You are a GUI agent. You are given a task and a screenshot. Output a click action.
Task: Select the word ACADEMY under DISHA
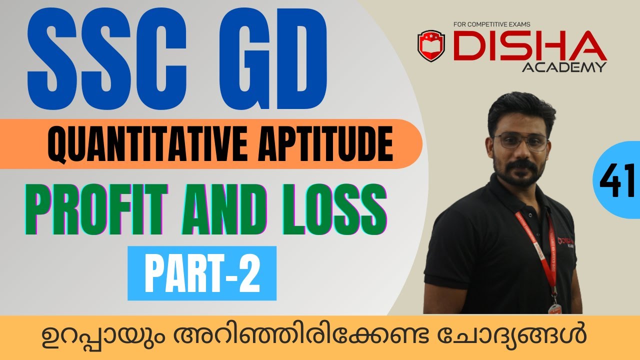(x=564, y=67)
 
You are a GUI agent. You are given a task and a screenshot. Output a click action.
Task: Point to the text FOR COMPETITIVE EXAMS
(x=491, y=24)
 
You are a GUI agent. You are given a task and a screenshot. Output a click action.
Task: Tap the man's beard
(x=520, y=172)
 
